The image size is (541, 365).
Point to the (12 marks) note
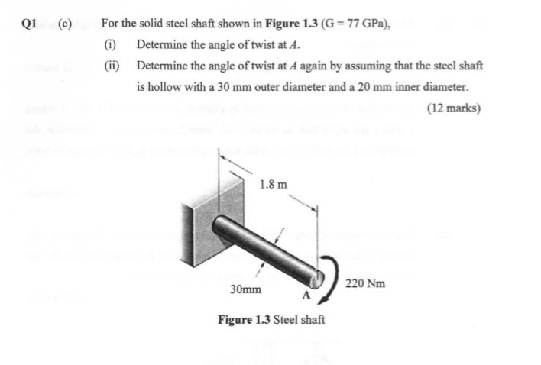coord(455,108)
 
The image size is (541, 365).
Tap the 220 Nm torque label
coord(365,283)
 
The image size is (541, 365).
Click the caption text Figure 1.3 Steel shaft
coord(271,318)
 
